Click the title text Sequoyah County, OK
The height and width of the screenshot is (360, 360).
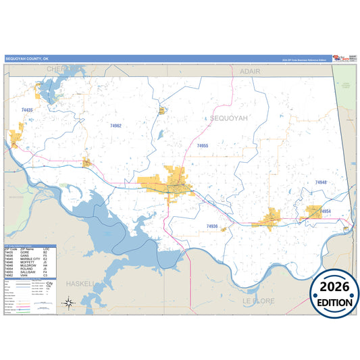[27, 59]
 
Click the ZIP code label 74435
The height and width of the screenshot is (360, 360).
[27, 109]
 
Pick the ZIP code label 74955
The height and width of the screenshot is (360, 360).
[203, 146]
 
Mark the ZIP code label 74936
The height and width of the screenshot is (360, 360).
[212, 226]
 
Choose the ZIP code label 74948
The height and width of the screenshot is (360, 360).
[320, 182]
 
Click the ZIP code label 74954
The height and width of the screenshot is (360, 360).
[326, 212]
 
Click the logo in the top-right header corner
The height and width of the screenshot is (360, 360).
[344, 58]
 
